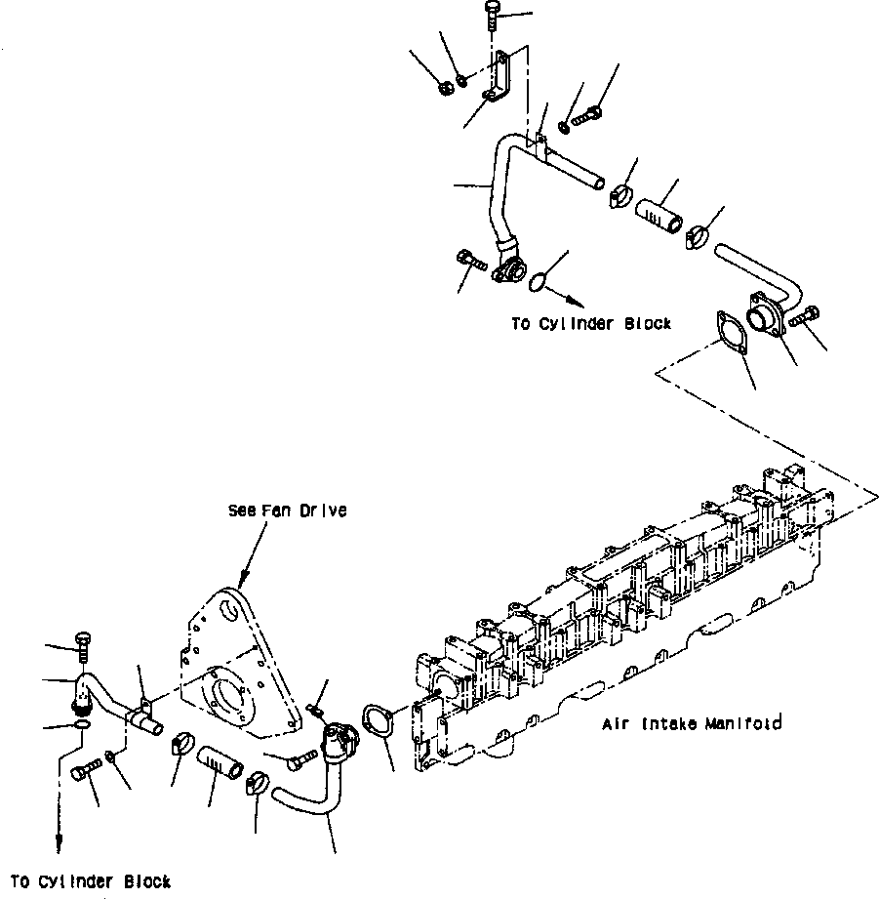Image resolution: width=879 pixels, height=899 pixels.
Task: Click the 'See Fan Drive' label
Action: [x=287, y=511]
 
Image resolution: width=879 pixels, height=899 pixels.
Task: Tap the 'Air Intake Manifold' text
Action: [x=691, y=723]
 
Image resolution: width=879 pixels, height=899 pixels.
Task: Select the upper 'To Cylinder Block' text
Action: [x=591, y=324]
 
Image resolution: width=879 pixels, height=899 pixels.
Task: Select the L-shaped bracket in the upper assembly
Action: [x=499, y=85]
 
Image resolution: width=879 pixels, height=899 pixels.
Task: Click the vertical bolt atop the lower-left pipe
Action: [x=82, y=645]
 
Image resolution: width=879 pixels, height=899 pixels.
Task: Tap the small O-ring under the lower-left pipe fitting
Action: [x=84, y=725]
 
